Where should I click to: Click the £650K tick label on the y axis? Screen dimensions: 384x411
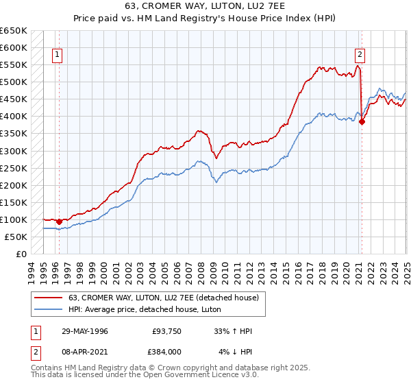pos(14,31)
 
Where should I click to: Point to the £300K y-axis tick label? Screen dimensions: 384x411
pos(14,151)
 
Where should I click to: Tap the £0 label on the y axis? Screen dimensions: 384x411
pos(21,254)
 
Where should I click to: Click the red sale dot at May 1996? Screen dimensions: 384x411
pos(60,221)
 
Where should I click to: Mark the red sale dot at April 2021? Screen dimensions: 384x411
pos(362,122)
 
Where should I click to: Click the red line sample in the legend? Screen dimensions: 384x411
pos(49,298)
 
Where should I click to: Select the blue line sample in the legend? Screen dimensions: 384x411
pos(49,309)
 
